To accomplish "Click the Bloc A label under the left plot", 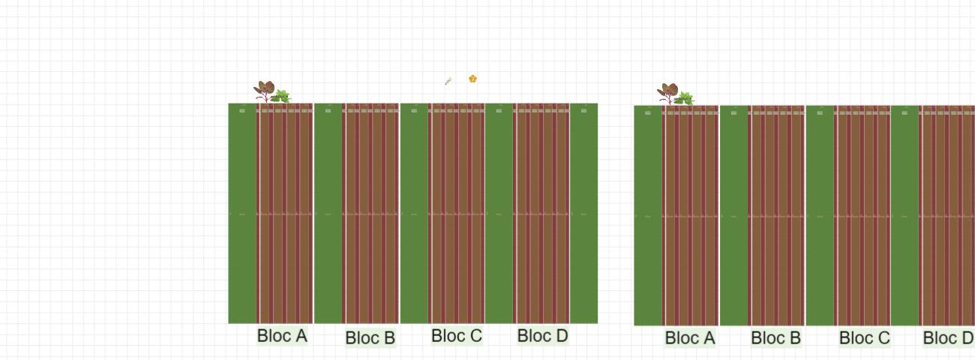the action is click(283, 335).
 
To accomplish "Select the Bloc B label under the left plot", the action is click(370, 337).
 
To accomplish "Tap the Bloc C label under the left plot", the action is click(457, 335).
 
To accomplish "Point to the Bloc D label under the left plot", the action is click(543, 335).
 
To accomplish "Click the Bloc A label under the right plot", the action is click(690, 337).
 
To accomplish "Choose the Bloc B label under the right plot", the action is click(775, 337).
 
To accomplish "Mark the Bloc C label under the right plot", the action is click(865, 337).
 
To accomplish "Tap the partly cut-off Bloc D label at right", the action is click(949, 337).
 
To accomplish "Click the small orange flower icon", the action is click(472, 79).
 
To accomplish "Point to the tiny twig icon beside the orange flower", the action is click(448, 81).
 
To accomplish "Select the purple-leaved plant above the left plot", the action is click(264, 91).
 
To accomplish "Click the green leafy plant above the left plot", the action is click(281, 97).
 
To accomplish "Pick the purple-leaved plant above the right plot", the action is click(667, 93).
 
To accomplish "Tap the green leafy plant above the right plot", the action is click(685, 99).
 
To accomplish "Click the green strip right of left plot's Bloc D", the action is click(583, 213).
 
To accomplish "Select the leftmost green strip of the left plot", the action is click(242, 213).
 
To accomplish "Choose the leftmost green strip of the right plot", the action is click(648, 215).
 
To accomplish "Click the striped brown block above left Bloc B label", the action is click(370, 213).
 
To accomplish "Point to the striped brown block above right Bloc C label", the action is click(862, 215).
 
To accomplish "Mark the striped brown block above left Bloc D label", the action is click(541, 213).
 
